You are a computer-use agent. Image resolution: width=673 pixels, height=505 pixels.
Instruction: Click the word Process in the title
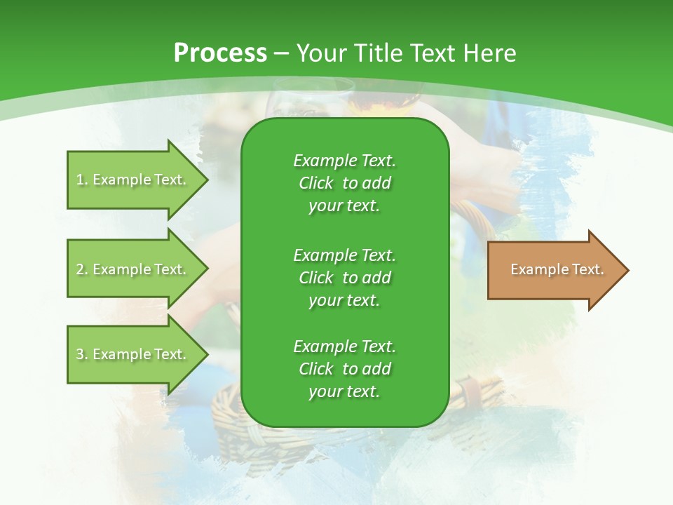220,53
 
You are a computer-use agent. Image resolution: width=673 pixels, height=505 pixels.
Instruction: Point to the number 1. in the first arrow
81,180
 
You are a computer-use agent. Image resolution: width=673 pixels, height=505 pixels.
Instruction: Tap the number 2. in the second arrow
81,269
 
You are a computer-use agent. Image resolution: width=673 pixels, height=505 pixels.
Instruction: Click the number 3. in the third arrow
81,354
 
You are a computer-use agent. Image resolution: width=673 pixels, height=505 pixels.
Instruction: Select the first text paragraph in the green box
344,183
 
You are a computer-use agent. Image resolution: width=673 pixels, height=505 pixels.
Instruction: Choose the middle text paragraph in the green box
344,277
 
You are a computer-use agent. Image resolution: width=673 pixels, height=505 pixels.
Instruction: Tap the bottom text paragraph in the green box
344,369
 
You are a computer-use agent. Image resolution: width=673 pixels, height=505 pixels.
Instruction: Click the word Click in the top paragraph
315,183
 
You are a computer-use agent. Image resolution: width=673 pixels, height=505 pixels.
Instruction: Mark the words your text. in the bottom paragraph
344,392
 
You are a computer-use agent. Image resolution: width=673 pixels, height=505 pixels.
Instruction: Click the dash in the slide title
282,53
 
